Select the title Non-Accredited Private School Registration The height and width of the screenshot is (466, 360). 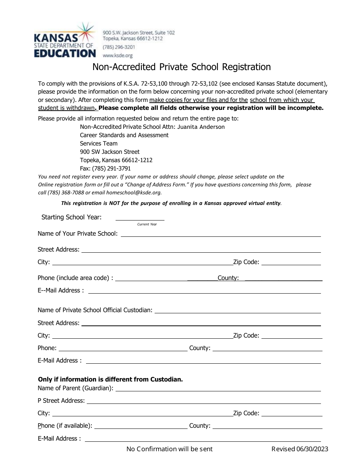(x=182, y=67)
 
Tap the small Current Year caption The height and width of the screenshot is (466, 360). (x=147, y=224)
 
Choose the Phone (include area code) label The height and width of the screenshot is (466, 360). (x=75, y=278)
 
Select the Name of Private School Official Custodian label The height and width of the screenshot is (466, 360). (x=95, y=310)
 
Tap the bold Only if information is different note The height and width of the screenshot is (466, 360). (x=110, y=379)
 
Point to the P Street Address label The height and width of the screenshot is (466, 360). (x=61, y=401)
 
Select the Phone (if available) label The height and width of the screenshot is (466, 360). (x=65, y=426)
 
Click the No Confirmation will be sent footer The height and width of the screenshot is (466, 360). (x=169, y=449)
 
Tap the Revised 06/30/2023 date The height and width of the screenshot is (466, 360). (x=300, y=449)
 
